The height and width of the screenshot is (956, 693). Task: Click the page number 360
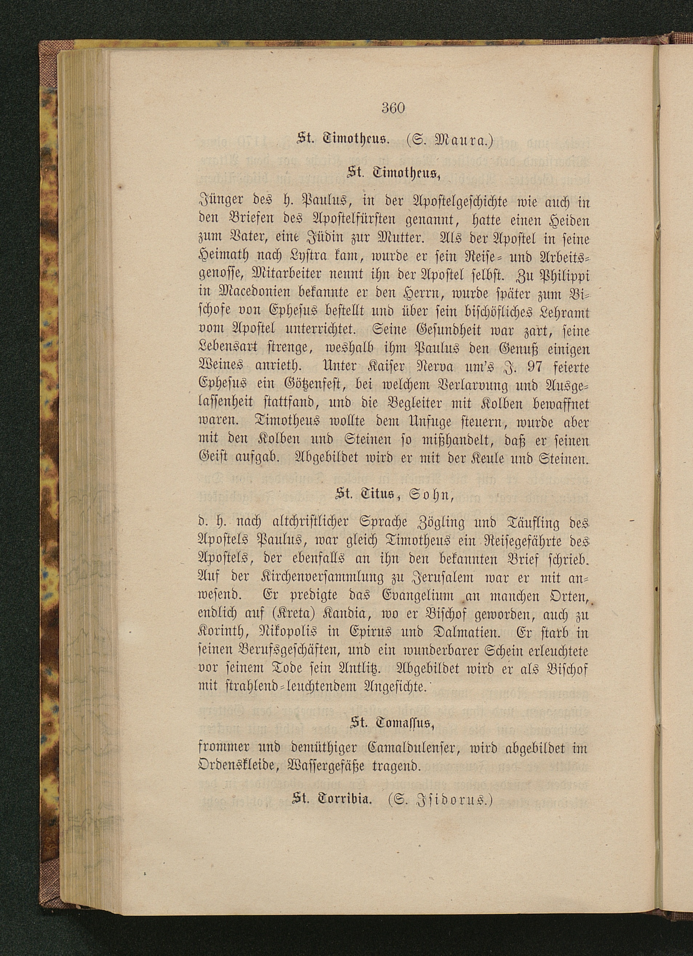click(x=393, y=108)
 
